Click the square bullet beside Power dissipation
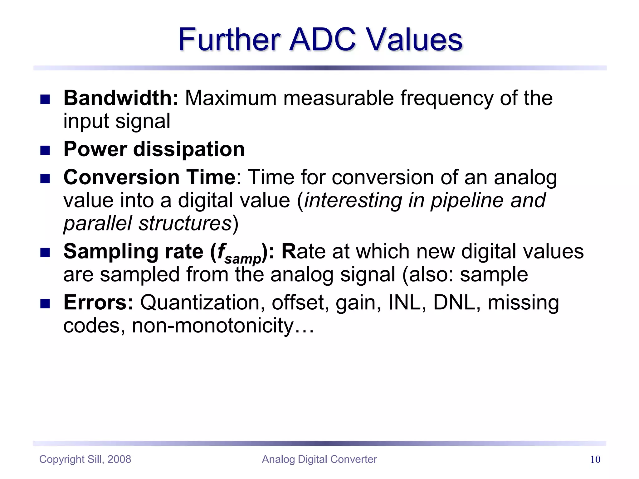pyautogui.click(x=45, y=151)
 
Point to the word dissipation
pyautogui.click(x=189, y=149)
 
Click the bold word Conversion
pyautogui.click(x=121, y=177)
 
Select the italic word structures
pyautogui.click(x=185, y=224)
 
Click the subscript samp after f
pyautogui.click(x=243, y=259)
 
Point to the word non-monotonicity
pyautogui.click(x=213, y=326)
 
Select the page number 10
pyautogui.click(x=595, y=459)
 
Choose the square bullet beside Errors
pyautogui.click(x=45, y=304)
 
